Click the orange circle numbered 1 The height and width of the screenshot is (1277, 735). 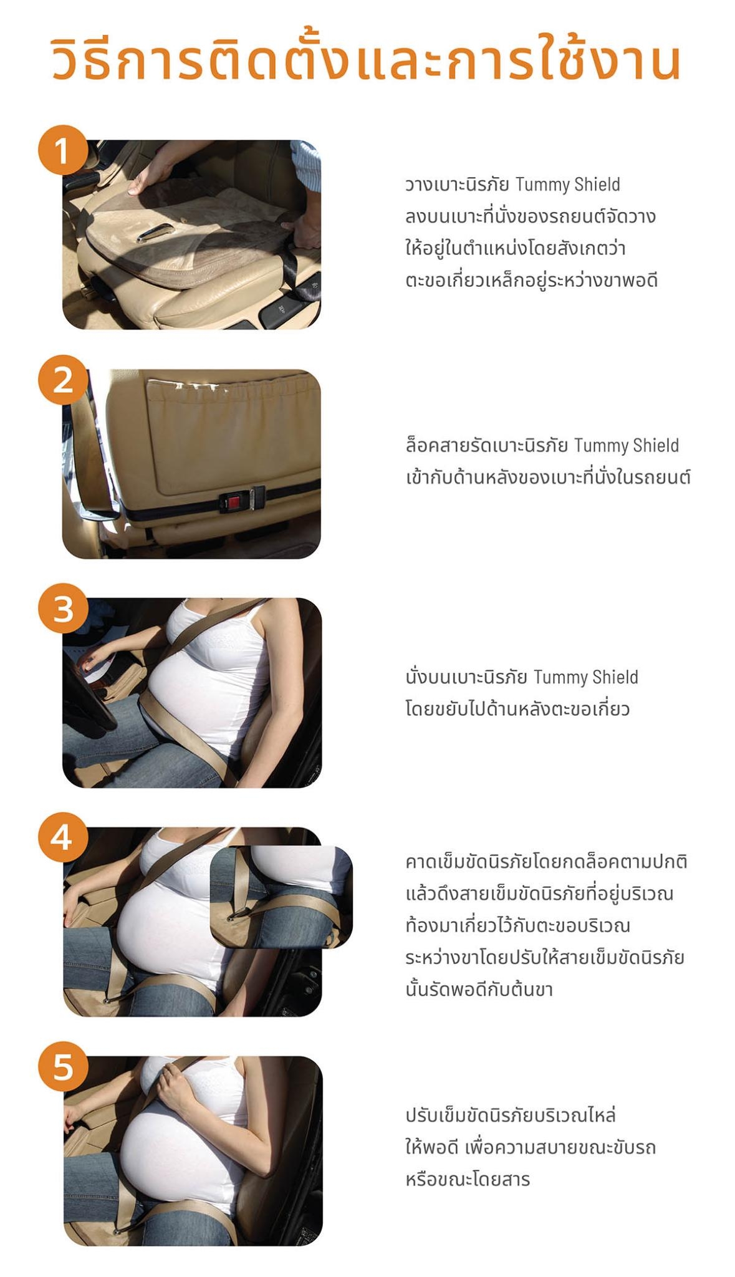pos(62,151)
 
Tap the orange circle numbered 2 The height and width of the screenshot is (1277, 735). pos(62,380)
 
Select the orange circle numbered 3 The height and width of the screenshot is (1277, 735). pos(62,609)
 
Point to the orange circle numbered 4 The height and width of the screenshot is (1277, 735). pos(62,838)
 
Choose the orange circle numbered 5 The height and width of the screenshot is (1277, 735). pos(62,1067)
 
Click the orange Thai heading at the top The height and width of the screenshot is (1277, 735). pos(366,60)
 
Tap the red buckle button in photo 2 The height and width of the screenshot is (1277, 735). pos(236,500)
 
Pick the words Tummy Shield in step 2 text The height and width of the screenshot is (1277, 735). pos(626,445)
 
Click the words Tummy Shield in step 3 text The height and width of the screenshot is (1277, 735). pos(586,677)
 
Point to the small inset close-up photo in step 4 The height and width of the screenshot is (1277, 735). pos(281,897)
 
